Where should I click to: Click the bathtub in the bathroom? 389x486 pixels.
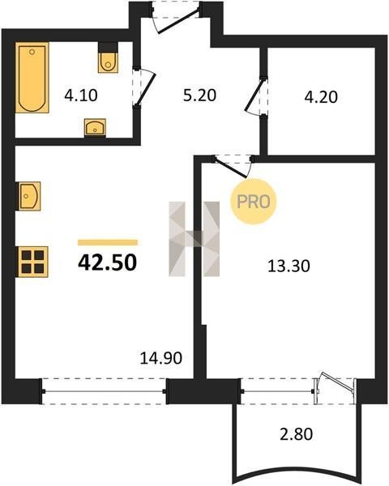pos(32,78)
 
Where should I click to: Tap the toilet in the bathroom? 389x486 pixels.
pos(108,58)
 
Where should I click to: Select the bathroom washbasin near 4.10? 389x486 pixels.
pos(96,127)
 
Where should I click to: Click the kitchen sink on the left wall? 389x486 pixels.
pos(29,196)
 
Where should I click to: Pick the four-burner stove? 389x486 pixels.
pos(33,262)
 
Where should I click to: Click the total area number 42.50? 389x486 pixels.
pos(107,262)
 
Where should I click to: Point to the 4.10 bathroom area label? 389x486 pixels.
pos(81,95)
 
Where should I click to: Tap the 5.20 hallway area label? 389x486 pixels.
pos(199,95)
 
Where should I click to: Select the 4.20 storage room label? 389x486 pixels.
pos(321,97)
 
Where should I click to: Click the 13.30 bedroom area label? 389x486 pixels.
pos(289,266)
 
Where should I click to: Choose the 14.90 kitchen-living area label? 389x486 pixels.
pos(161,358)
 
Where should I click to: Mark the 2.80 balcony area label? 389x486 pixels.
pos(297,434)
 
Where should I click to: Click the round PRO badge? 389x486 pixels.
pos(254,202)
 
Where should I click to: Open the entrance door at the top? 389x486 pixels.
pos(177,16)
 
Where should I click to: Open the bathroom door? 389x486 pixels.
pos(143,87)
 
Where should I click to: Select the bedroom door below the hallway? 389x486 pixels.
pos(233,166)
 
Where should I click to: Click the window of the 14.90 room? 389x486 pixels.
pos(105,391)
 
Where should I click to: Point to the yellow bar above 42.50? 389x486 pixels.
pos(108,242)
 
